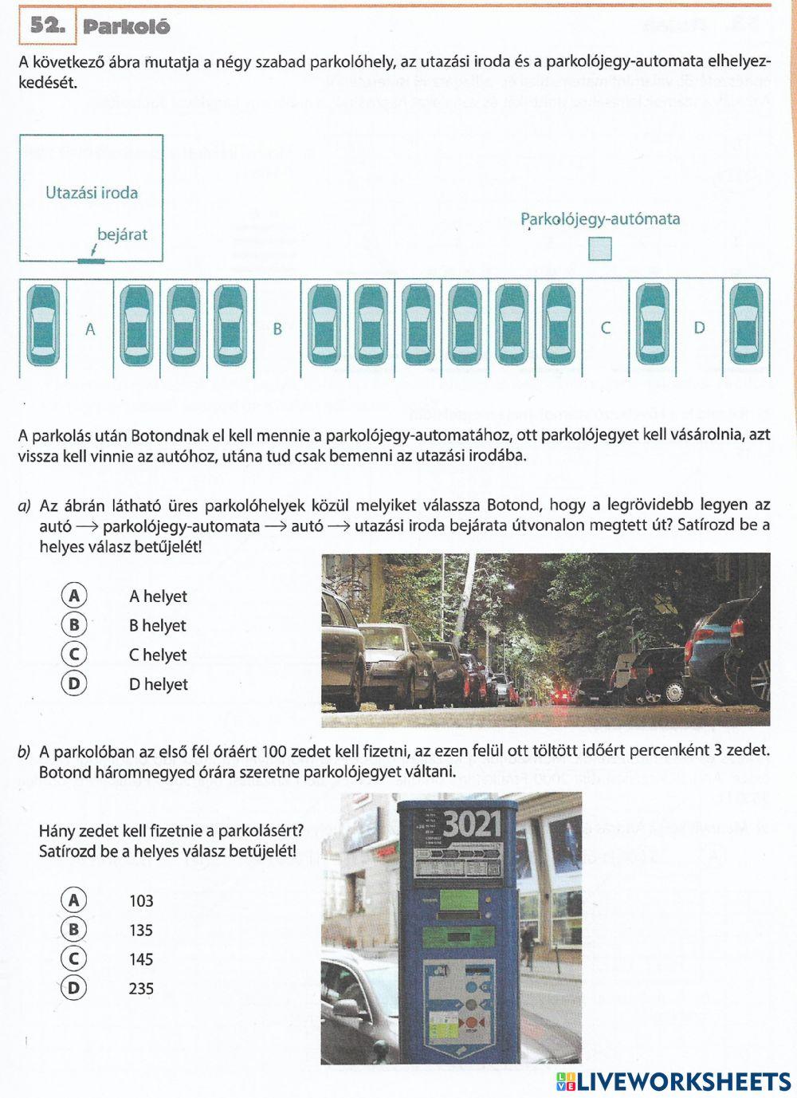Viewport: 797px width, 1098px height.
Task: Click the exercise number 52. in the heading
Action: (47, 26)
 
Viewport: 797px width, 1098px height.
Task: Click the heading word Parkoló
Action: (127, 26)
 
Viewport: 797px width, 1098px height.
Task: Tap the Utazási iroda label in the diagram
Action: (92, 192)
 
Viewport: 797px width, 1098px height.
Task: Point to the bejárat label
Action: (122, 234)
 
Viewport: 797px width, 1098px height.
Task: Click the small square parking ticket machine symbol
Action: (600, 249)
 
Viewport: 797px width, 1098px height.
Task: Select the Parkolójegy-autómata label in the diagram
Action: (600, 218)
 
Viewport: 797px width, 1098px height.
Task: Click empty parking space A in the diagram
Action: (90, 329)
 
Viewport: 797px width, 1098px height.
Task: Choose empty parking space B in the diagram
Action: (277, 329)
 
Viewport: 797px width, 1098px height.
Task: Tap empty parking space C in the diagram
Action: (606, 328)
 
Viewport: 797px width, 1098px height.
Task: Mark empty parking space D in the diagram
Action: (699, 328)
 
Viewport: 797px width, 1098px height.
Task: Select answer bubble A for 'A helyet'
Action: (74, 596)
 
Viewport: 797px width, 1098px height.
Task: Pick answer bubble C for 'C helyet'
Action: (74, 655)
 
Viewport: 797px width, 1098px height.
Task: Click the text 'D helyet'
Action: (159, 684)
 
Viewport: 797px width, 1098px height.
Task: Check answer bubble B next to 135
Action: (74, 930)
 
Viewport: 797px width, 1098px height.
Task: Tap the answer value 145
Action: (141, 959)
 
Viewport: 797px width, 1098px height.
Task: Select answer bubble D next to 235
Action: (74, 988)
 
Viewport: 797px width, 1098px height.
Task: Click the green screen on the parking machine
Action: (457, 901)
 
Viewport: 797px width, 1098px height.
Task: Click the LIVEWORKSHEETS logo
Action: (673, 1080)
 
